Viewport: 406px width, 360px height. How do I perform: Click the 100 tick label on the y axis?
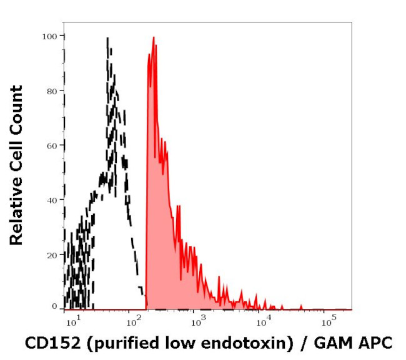[50, 36]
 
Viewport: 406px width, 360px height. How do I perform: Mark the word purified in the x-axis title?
[112, 343]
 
